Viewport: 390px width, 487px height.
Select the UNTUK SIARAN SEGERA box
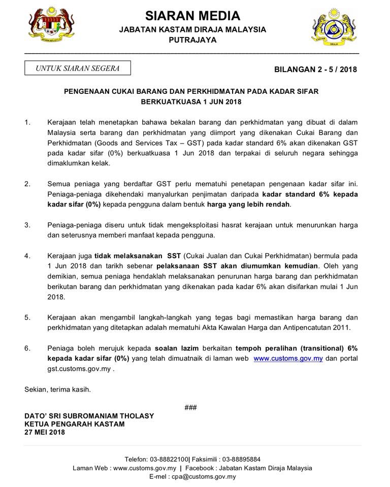pos(78,68)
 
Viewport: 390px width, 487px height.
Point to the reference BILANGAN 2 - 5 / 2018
pos(315,69)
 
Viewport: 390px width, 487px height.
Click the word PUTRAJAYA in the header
pos(193,40)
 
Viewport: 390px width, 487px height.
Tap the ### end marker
pos(190,407)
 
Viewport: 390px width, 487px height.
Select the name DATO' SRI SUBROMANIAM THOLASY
pos(89,416)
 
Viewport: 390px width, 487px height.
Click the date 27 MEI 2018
pos(45,433)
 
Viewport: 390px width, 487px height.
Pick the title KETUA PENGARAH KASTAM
pos(74,424)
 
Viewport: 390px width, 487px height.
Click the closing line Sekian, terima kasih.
pos(57,390)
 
